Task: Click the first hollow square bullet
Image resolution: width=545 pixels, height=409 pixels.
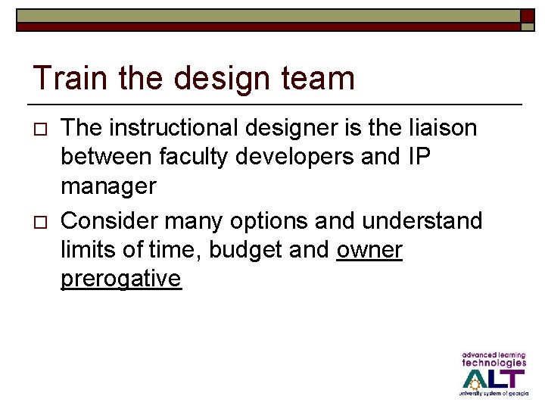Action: [x=42, y=128]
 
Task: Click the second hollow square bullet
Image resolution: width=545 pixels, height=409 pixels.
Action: [x=42, y=222]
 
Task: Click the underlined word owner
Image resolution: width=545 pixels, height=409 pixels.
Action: [x=369, y=250]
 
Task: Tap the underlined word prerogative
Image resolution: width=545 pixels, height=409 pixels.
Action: [x=121, y=279]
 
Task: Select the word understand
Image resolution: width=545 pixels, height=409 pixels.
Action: [x=422, y=221]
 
